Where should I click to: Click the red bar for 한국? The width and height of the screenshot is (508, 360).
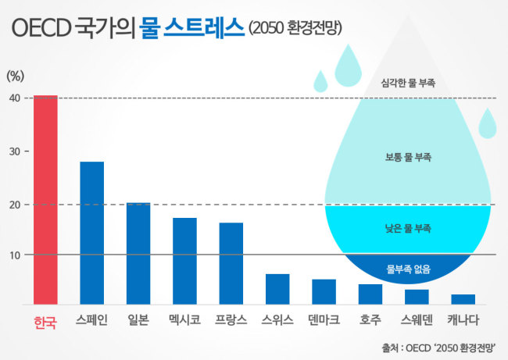(x=45, y=200)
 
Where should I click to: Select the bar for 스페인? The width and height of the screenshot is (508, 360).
(x=92, y=233)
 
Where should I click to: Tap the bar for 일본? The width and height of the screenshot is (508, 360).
(x=138, y=254)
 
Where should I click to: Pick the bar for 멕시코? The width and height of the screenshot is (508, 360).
(x=184, y=261)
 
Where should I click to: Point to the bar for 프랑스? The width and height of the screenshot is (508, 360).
(x=231, y=263)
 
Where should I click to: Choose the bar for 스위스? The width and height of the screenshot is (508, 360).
(x=277, y=289)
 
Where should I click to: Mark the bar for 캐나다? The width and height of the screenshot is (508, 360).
(x=463, y=299)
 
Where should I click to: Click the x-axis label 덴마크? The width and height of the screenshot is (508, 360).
(x=324, y=320)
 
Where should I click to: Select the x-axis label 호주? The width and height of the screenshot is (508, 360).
(x=370, y=320)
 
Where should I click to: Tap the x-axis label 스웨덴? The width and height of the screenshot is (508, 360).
(x=417, y=320)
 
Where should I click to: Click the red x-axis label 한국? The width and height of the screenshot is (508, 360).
(x=45, y=322)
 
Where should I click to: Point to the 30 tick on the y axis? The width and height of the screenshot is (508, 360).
(x=15, y=151)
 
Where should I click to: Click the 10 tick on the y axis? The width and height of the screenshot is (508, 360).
(x=15, y=255)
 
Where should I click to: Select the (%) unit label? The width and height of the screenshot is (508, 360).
(x=15, y=76)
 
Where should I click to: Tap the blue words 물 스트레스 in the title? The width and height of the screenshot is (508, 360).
(x=191, y=27)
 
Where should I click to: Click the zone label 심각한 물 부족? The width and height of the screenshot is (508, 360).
(x=408, y=83)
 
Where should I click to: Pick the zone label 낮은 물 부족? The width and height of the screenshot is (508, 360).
(x=408, y=229)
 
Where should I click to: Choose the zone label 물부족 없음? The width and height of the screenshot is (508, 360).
(x=408, y=269)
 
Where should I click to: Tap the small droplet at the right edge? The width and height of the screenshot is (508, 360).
(x=487, y=124)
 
